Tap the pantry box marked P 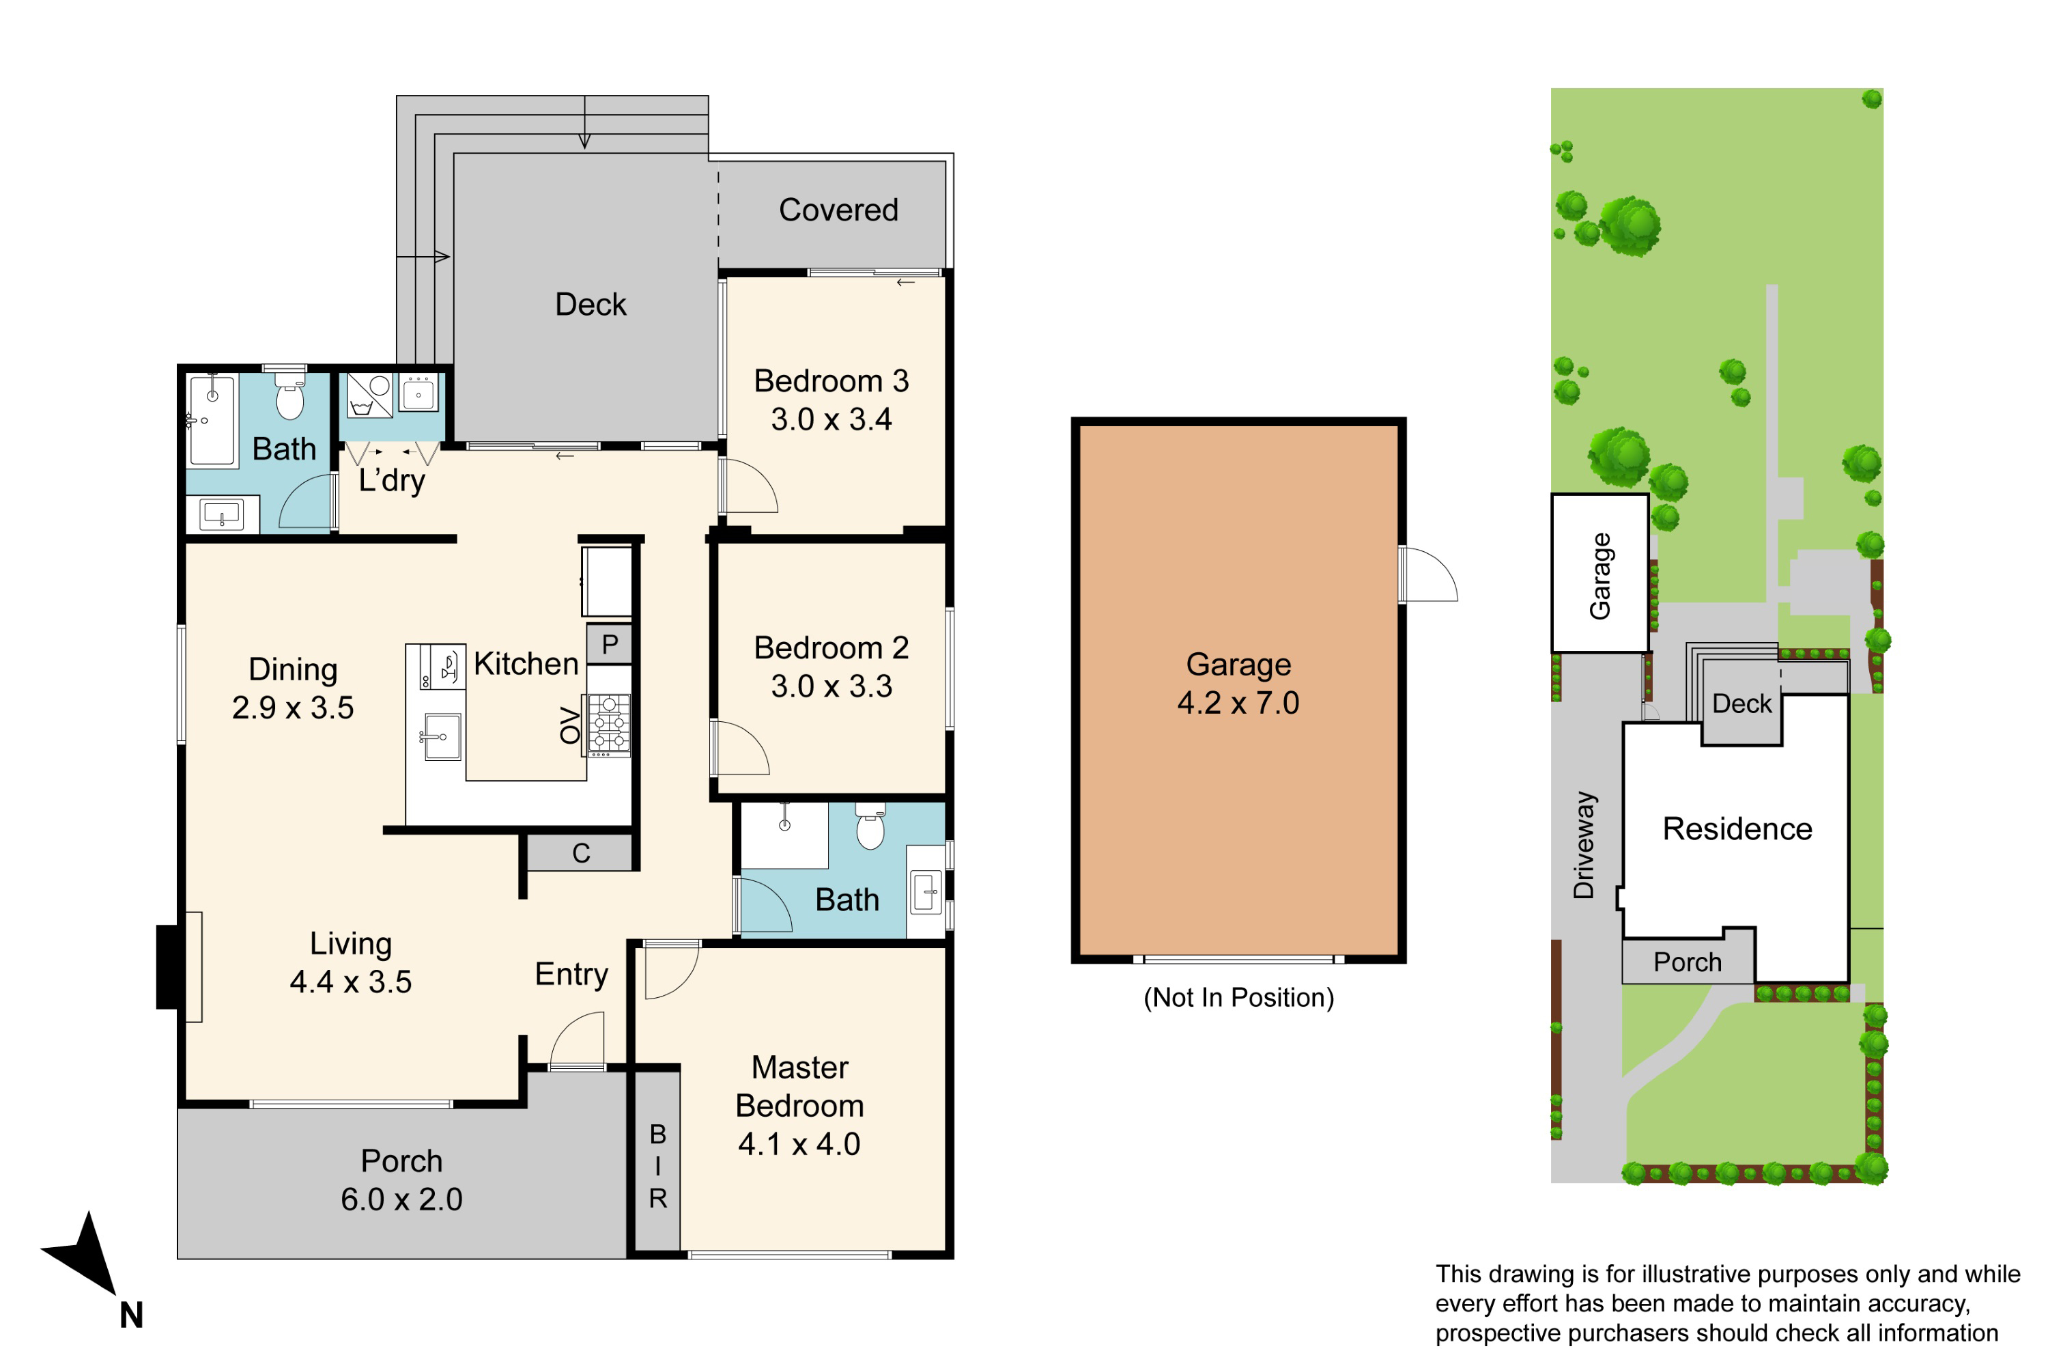click(x=610, y=645)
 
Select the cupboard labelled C click(x=581, y=853)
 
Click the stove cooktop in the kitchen click(x=610, y=723)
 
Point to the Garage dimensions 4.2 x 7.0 click(x=1238, y=702)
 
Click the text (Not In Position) click(x=1238, y=997)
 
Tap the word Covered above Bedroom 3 click(x=838, y=210)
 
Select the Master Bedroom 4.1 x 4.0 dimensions click(x=799, y=1144)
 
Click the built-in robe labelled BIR click(x=657, y=1166)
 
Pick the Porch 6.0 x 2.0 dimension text click(x=401, y=1199)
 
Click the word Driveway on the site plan click(x=1584, y=844)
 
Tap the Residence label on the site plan click(x=1737, y=828)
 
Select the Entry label click(x=571, y=974)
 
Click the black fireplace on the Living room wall click(x=168, y=966)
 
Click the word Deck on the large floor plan click(x=591, y=305)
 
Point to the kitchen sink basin click(x=443, y=736)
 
